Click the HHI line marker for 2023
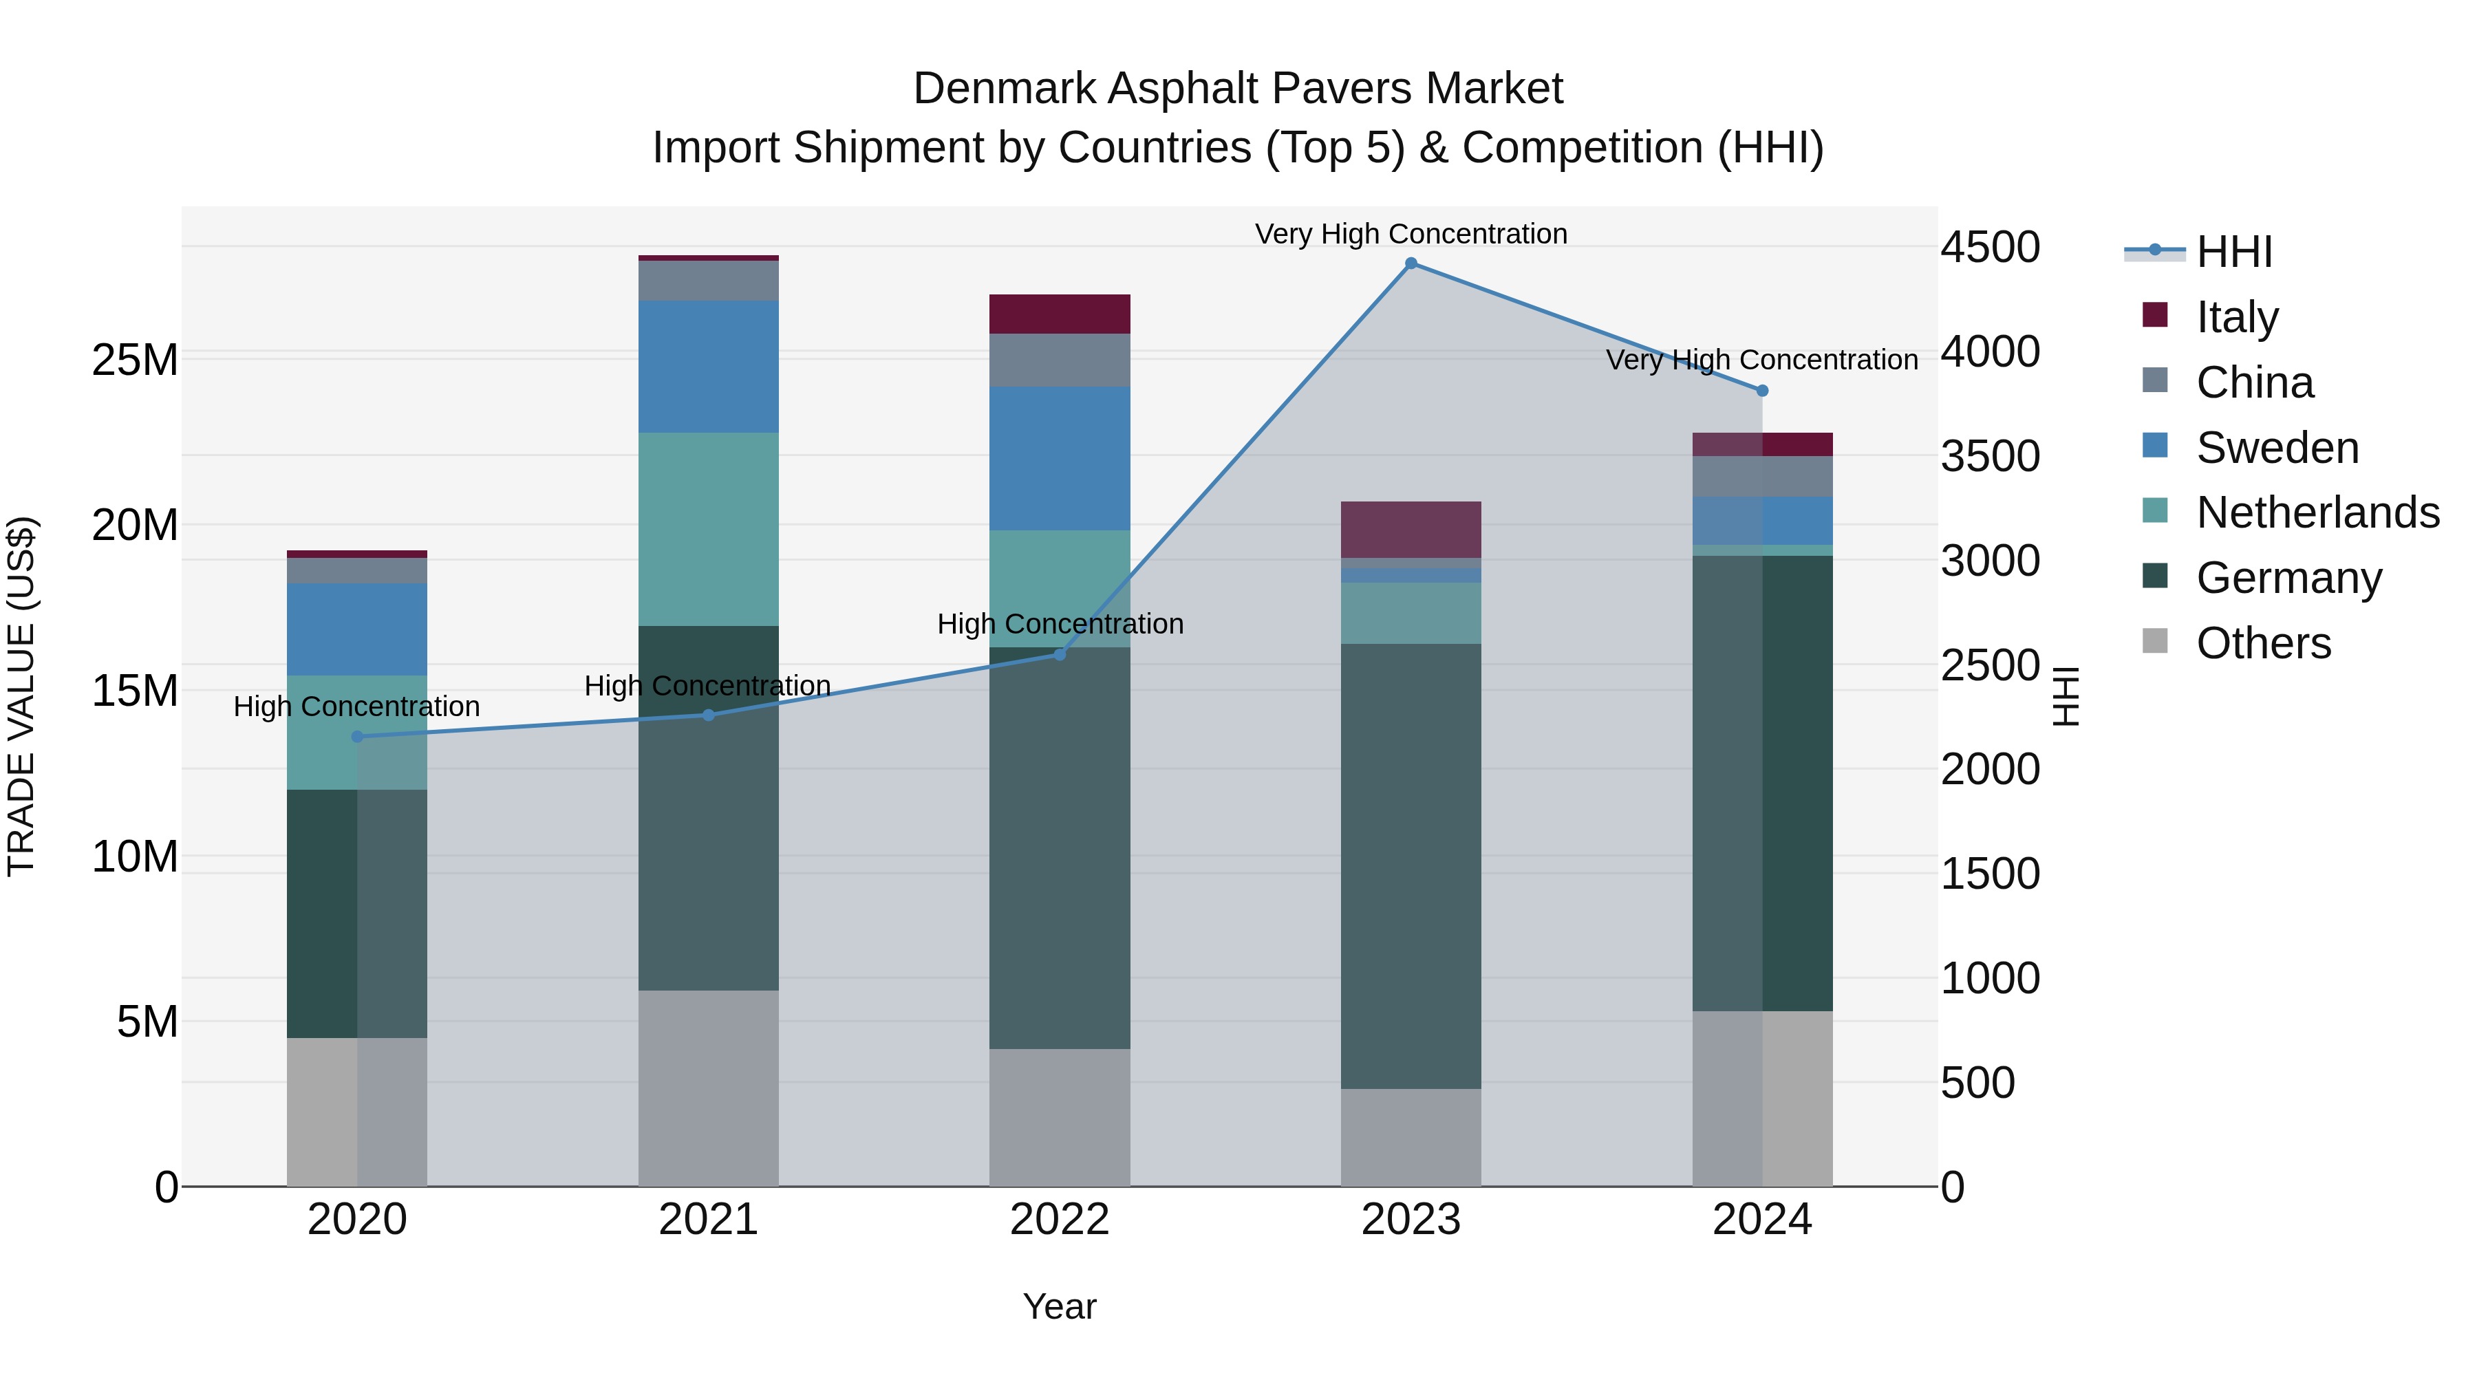click(1411, 263)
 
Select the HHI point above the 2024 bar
click(1761, 391)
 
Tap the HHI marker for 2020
click(356, 736)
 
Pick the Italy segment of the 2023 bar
click(1411, 529)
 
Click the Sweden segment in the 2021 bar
click(708, 366)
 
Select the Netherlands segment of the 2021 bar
click(708, 529)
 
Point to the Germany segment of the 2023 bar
click(1411, 865)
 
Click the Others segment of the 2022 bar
click(1060, 1117)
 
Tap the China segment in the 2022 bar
click(1060, 360)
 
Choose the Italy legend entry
click(2237, 316)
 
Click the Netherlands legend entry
click(2317, 512)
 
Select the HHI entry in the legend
click(2233, 252)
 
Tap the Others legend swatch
click(2155, 641)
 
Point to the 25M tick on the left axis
click(135, 360)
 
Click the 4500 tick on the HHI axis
click(1989, 247)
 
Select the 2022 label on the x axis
click(1060, 1220)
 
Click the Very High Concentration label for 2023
click(1411, 234)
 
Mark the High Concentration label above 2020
click(356, 706)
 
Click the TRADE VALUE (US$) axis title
click(21, 696)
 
